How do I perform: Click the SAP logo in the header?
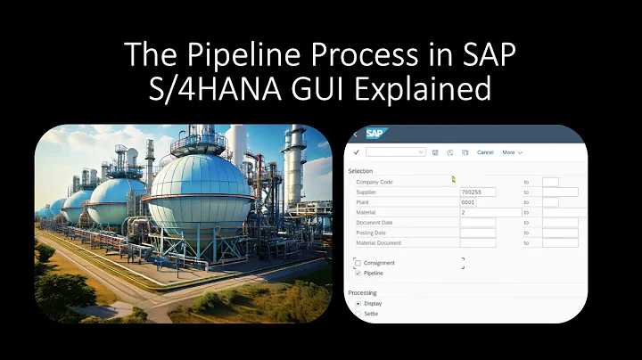point(375,135)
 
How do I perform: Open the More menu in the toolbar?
point(512,152)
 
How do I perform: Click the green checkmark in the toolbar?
point(357,152)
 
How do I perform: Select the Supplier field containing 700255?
point(477,192)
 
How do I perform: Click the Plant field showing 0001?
point(477,202)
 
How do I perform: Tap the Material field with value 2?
point(490,212)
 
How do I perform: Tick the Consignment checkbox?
point(358,264)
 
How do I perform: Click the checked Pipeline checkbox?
point(358,274)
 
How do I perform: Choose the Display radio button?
point(358,303)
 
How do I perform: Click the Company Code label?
point(374,182)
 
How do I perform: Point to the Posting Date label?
point(374,233)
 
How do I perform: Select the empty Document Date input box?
point(477,223)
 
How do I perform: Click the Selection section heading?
point(360,170)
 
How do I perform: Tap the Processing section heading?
point(362,292)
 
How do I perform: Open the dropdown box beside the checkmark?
point(395,152)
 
